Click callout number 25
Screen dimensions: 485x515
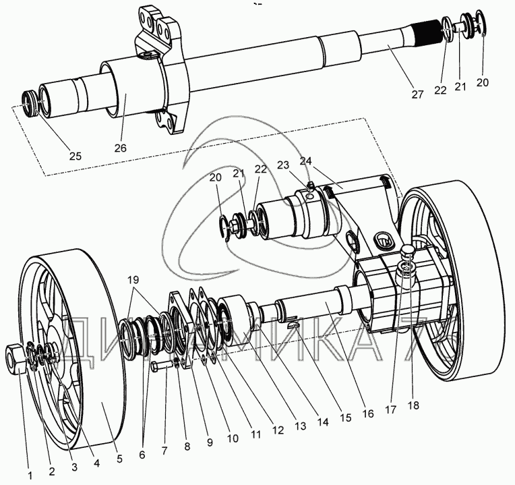pos(75,156)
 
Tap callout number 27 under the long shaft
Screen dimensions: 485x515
pos(417,94)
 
